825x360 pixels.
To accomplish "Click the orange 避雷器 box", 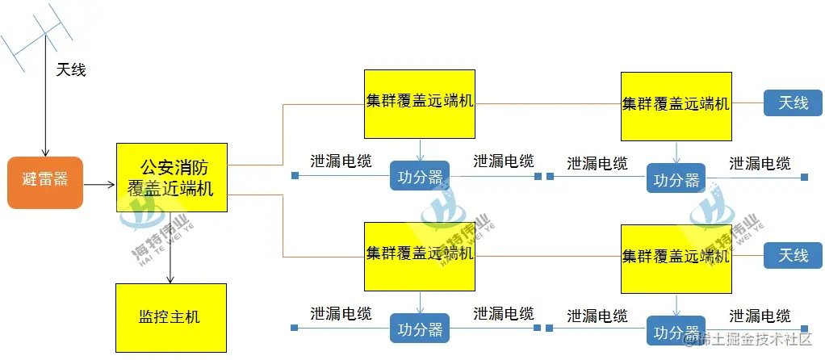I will tap(46, 182).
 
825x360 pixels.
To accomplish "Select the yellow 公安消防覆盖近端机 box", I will tap(171, 178).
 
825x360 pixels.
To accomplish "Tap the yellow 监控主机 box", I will tap(171, 318).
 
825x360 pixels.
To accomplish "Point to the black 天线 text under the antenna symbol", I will tap(71, 70).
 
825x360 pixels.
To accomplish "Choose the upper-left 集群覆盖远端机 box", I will tap(420, 103).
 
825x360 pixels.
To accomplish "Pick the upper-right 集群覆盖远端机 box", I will tap(676, 106).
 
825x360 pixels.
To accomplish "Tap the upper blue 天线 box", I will tap(794, 103).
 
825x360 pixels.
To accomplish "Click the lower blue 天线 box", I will tap(794, 255).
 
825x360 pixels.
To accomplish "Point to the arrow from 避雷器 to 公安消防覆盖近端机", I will tap(99, 185).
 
